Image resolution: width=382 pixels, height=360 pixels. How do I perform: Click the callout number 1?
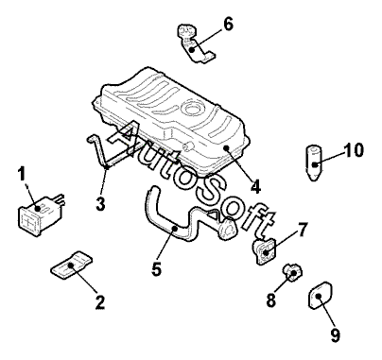22,175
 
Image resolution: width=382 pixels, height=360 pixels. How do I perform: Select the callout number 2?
99,302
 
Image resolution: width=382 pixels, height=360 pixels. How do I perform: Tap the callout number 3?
100,203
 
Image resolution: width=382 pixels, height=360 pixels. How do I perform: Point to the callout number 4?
255,186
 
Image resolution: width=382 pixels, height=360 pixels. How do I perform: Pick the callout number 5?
157,268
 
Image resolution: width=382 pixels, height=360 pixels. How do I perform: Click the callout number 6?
228,25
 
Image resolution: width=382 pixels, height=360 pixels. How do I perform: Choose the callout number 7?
302,230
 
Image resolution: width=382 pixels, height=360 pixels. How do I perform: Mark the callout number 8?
271,300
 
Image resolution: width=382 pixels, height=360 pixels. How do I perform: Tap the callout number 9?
336,334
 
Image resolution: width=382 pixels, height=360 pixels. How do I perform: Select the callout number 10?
354,150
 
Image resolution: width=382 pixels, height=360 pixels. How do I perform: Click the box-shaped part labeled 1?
40,215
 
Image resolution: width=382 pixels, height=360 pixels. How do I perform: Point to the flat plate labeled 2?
72,265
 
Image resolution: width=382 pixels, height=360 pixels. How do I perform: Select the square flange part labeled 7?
264,251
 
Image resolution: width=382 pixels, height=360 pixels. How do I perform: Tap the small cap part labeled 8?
292,273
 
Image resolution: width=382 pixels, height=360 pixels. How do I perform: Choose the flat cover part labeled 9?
320,296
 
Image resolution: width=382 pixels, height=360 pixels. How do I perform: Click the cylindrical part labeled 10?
315,163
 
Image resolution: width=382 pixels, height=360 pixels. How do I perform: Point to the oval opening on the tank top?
192,108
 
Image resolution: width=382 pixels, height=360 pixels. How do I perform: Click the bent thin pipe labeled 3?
101,152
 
